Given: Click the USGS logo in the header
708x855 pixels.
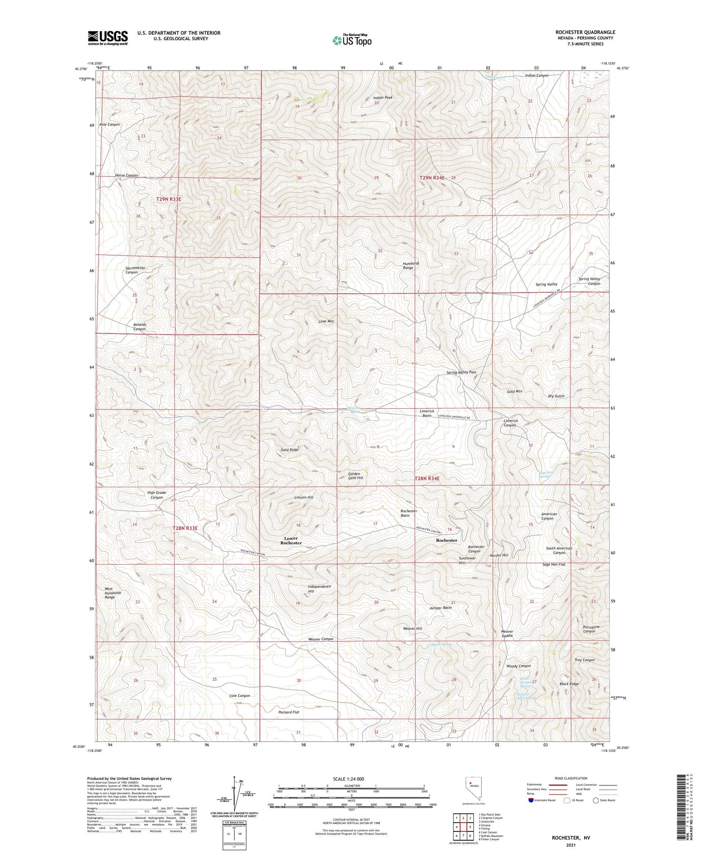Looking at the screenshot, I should pos(107,38).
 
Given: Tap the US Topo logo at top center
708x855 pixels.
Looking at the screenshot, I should pos(351,40).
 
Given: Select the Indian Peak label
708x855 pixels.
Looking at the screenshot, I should pos(383,97).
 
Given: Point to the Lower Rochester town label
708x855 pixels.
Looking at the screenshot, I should pos(291,540).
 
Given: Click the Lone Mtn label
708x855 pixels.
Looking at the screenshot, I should pos(326,321).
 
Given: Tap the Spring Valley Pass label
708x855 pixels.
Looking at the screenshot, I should pos(461,372).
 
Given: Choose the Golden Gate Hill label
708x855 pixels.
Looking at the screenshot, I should pos(355,476).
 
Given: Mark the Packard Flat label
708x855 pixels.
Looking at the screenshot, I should pos(289,712).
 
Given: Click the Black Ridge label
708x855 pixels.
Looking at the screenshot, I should pos(569,684).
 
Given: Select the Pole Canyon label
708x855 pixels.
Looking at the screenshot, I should pos(110,124).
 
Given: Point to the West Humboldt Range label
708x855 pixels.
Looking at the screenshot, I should pos(109,593).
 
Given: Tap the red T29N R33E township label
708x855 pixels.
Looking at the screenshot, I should pos(169,199).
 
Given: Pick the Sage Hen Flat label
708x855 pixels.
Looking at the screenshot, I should pos(554,565).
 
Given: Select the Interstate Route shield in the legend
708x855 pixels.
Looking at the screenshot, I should pos(532,800).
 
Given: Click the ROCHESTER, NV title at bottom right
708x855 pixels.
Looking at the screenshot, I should pos(571,838).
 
